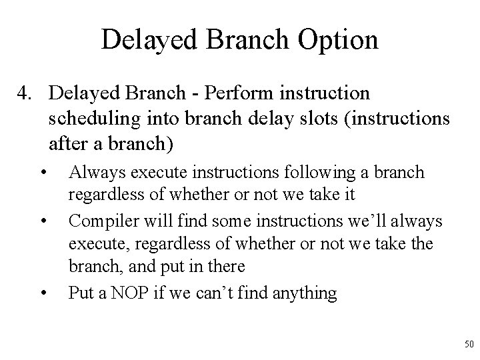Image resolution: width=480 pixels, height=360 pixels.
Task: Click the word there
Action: [x=224, y=266]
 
